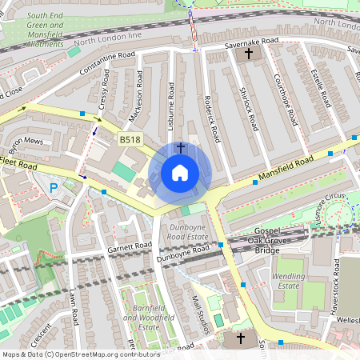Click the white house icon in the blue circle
point(180,172)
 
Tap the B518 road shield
point(130,139)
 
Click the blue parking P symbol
point(54,189)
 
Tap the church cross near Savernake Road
point(248,54)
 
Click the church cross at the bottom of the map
point(241,338)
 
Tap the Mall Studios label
point(202,313)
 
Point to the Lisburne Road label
point(172,101)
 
